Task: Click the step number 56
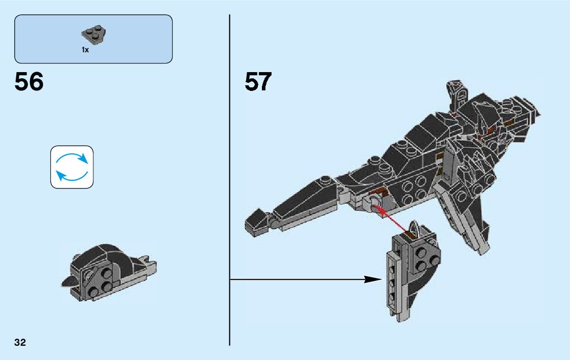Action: click(x=29, y=82)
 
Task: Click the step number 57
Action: click(x=258, y=82)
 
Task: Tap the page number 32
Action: click(x=20, y=342)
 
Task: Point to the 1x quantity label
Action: click(x=85, y=50)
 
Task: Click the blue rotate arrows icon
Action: click(x=72, y=167)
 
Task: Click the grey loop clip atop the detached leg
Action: click(x=414, y=229)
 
